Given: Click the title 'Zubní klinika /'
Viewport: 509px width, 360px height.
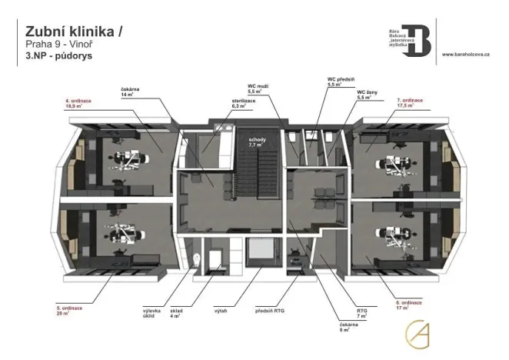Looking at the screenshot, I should point(73,31).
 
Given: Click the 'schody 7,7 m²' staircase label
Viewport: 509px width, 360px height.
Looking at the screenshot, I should point(256,142).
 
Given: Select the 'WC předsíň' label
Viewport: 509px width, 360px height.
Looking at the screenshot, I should point(339,81).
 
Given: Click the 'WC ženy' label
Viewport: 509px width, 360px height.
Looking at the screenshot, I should point(368,95).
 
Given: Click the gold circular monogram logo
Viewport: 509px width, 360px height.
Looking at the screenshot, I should point(420,333).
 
